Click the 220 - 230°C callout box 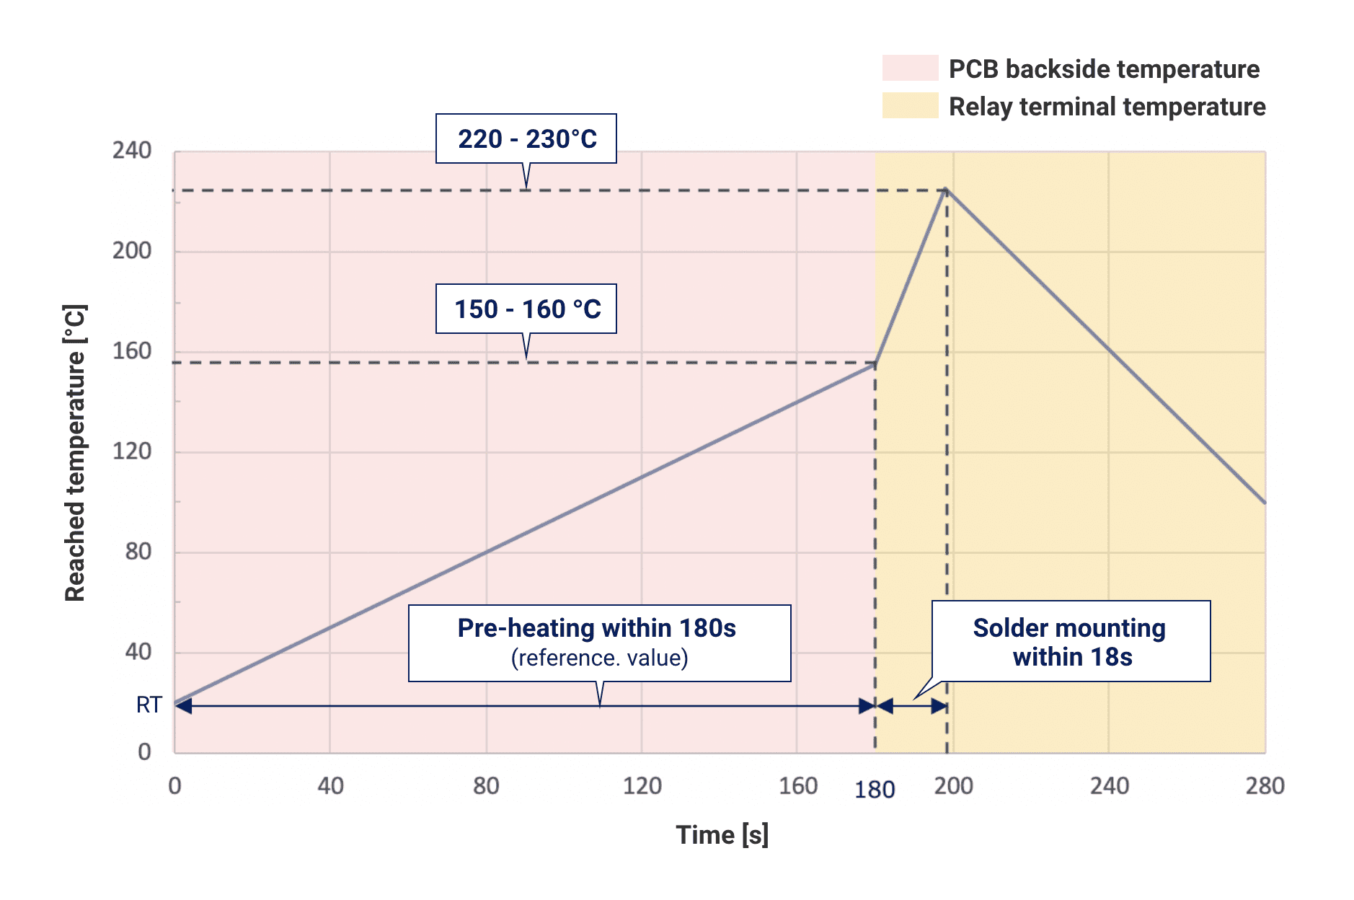point(526,138)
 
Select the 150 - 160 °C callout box point(526,309)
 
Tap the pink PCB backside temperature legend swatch point(910,68)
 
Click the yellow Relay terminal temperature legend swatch point(910,105)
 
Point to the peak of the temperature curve point(946,190)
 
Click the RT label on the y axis point(149,705)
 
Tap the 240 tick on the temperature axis point(132,151)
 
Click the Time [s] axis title point(722,835)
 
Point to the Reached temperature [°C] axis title point(75,453)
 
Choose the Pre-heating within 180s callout point(599,643)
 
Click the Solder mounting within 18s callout point(1071,641)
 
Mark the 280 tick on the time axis point(1265,785)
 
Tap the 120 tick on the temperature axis point(132,451)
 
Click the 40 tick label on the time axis point(330,785)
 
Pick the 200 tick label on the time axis point(953,785)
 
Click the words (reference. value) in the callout point(599,658)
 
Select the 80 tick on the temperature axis point(138,552)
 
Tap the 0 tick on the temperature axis point(144,752)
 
